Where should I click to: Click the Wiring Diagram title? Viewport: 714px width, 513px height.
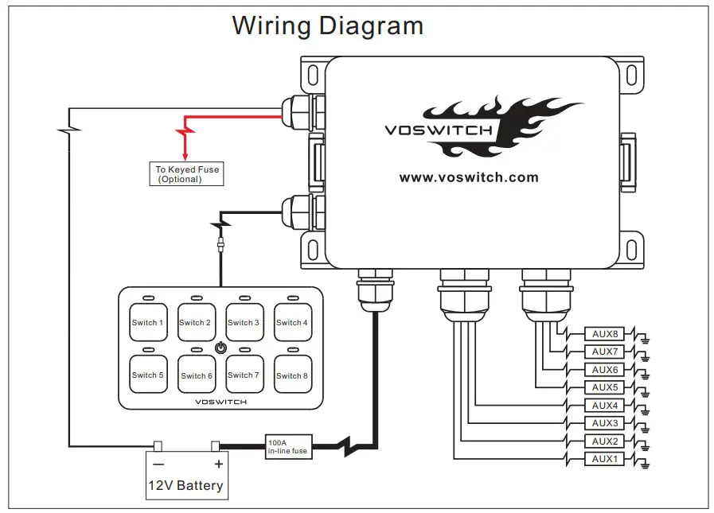[x=327, y=25]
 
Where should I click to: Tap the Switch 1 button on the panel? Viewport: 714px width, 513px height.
[x=148, y=322]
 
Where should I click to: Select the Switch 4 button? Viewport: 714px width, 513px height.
[x=291, y=322]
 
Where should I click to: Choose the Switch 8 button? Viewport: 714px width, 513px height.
[x=291, y=375]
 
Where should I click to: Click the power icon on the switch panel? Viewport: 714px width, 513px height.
[x=220, y=348]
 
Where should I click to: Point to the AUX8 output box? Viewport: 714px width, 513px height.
[x=605, y=334]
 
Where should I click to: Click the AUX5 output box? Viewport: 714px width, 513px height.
[x=605, y=387]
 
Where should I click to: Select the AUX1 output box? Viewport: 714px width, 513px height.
[x=605, y=459]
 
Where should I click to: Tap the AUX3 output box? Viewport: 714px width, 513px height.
[x=605, y=423]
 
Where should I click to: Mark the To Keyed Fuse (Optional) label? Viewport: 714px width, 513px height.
[x=187, y=174]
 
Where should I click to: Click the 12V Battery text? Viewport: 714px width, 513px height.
[x=186, y=485]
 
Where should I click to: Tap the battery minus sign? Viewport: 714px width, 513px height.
[x=158, y=464]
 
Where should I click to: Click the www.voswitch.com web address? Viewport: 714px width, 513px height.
[x=469, y=177]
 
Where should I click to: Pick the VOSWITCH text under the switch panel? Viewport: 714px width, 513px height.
[x=220, y=402]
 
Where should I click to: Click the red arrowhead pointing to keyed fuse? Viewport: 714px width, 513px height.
[x=185, y=155]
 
